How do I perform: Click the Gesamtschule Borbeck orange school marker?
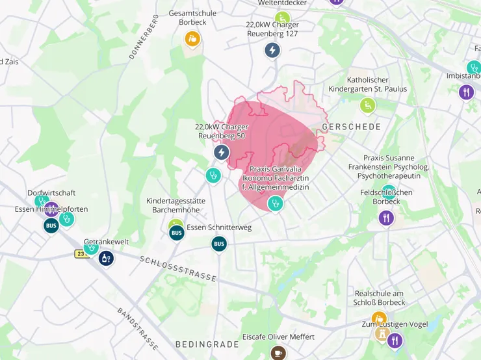192,39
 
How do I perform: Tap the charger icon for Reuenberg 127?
272,49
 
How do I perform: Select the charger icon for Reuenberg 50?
222,152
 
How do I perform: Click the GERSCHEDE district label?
352,127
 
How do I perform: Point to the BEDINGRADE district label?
203,343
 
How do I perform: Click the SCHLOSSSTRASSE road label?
177,268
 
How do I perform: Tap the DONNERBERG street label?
144,37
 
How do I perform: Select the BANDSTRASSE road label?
138,329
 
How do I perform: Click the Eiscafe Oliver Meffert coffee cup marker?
278,352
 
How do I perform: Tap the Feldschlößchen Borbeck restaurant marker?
387,218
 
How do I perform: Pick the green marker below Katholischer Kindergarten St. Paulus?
368,105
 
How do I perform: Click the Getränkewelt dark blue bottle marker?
106,258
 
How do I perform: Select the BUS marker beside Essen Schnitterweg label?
176,232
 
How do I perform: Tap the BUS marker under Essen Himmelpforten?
51,225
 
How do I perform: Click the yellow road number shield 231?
81,253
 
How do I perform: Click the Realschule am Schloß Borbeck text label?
380,298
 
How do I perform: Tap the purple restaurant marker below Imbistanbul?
466,92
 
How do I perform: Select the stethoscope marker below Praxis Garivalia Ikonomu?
276,203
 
